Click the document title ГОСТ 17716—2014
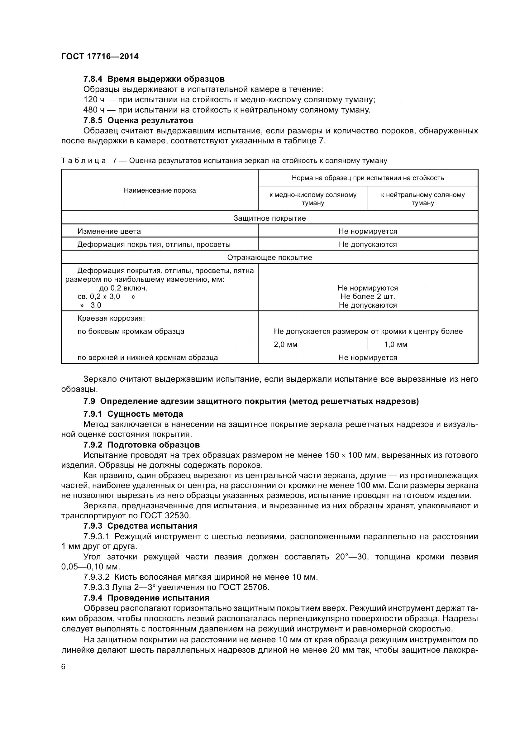(100, 56)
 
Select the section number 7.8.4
(93, 79)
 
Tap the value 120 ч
(93, 100)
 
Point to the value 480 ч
(93, 110)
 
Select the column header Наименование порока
(160, 190)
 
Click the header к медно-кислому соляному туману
(313, 199)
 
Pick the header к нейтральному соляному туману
(423, 199)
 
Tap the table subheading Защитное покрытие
(269, 218)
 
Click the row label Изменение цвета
(109, 231)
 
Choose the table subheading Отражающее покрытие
(269, 257)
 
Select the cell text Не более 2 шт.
(367, 296)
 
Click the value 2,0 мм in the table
(286, 344)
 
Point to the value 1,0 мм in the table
(395, 344)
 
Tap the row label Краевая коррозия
(111, 318)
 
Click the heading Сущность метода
(145, 414)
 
